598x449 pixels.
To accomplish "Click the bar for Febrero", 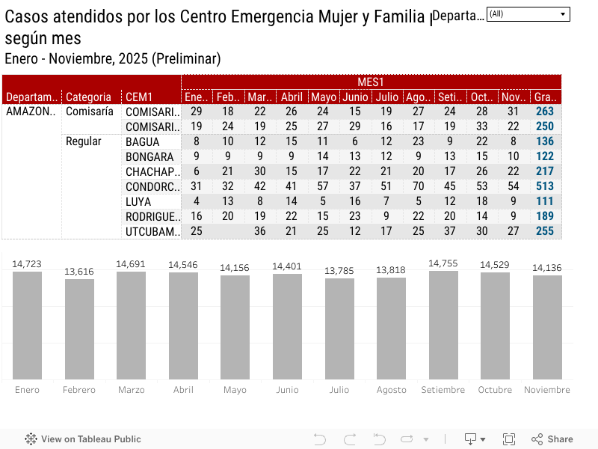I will [x=79, y=329].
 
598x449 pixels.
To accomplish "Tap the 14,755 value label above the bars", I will [x=443, y=263].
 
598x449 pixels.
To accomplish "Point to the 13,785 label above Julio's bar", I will [x=339, y=270].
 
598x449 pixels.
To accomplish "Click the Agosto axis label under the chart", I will [x=391, y=390].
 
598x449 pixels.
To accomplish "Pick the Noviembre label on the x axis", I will [x=547, y=390].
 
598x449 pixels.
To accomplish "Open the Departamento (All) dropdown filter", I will [x=528, y=14].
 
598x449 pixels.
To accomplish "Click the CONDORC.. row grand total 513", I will [x=545, y=186].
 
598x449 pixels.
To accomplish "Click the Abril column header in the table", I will [x=292, y=97].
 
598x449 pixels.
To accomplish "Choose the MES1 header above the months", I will [x=371, y=82].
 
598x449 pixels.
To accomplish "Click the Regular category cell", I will [x=84, y=141].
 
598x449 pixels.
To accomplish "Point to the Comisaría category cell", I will [x=90, y=112].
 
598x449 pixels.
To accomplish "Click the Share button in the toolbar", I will [x=552, y=439].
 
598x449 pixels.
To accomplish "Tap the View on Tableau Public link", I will [x=83, y=439].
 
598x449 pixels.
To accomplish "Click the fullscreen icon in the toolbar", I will [x=509, y=439].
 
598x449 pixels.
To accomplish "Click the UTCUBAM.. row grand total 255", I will [x=545, y=231].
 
